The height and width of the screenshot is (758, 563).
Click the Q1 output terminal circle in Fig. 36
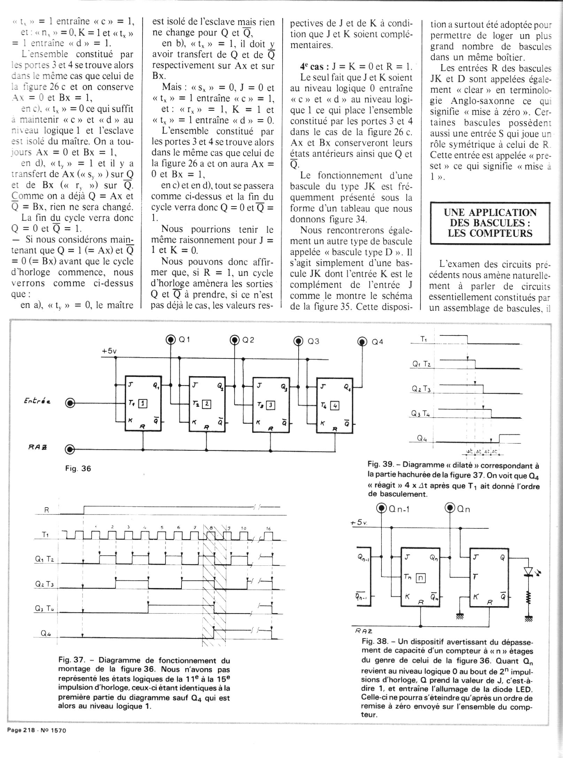pos(171,340)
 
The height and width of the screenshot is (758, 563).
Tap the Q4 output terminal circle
pos(362,342)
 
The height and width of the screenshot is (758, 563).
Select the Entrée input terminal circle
pos(70,403)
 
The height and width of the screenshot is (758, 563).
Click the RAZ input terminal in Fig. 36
pos(70,449)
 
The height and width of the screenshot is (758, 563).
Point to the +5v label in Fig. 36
pos(109,351)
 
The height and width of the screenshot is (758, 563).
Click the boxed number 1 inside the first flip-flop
pos(143,404)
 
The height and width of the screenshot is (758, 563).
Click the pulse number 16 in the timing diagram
pos(268,528)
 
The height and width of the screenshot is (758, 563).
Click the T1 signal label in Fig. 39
pos(424,339)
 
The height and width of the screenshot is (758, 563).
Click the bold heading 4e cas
pos(312,67)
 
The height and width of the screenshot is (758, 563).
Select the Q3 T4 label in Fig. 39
pos(421,414)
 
